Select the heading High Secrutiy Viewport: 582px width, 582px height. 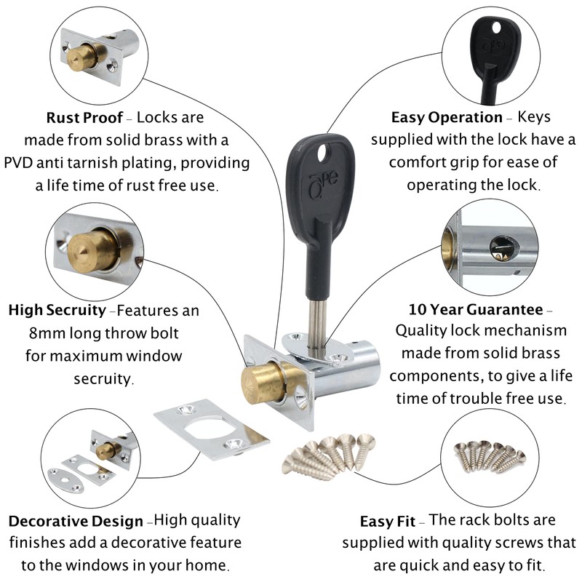tap(57, 311)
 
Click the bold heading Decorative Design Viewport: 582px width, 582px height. tap(76, 522)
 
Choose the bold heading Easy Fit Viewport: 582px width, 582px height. tap(387, 522)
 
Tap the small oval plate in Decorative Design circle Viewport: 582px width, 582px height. tap(60, 476)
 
